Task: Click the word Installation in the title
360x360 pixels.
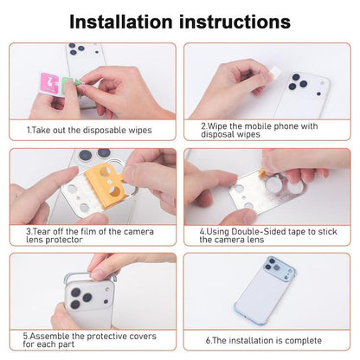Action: point(121,22)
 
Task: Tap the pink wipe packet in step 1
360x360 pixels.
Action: point(49,83)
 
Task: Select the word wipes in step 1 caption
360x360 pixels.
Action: point(140,130)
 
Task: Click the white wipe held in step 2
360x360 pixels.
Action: point(275,71)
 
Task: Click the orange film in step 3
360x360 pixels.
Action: point(106,184)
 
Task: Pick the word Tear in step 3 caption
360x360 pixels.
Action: point(42,231)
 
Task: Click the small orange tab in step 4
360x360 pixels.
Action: point(262,172)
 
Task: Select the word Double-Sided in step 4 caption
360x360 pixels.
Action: point(259,231)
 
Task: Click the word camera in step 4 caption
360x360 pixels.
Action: point(230,240)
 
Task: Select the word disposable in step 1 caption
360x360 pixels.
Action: point(105,130)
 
